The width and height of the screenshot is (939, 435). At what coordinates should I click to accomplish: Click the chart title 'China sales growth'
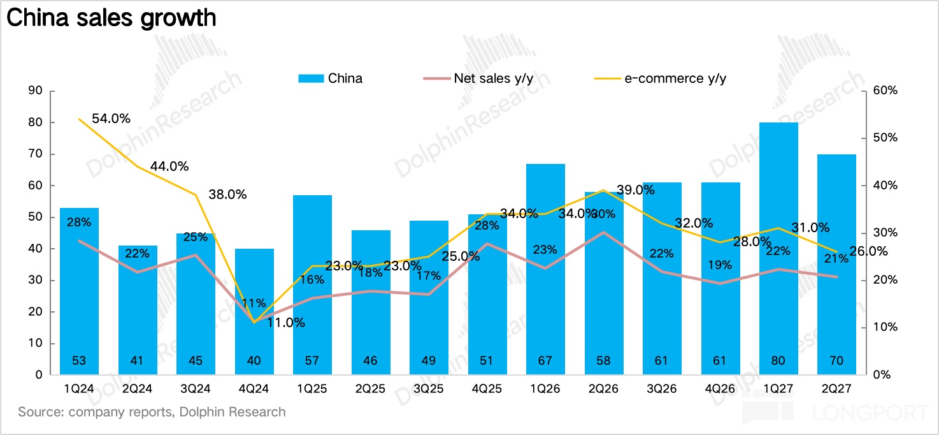111,18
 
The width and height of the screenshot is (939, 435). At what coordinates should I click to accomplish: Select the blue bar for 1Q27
778,248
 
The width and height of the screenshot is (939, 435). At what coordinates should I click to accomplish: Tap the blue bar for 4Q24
254,311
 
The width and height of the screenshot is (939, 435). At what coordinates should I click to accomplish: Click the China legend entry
331,78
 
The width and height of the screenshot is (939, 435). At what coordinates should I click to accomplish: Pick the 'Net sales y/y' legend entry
478,78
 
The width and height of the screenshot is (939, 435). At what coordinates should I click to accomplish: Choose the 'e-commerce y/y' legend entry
661,78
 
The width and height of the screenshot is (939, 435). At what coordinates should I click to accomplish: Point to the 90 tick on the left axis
36,91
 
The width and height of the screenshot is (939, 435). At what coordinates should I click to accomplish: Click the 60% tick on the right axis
885,91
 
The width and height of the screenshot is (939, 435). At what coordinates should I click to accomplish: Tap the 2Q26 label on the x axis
603,389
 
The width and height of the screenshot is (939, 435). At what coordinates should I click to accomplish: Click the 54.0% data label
111,119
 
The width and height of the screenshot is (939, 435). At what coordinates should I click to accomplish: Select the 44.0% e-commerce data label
169,166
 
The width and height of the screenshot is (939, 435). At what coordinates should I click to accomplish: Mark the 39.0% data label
636,190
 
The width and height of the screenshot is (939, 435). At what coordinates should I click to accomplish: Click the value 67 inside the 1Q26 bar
545,360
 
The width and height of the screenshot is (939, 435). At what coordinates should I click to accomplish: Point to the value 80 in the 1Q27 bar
778,360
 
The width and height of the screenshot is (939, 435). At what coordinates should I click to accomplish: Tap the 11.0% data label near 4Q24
286,323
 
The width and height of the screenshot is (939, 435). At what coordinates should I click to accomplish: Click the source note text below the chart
152,412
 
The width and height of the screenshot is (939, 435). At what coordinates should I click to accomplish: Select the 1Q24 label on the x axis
79,389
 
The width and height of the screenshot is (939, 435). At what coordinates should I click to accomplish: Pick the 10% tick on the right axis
885,327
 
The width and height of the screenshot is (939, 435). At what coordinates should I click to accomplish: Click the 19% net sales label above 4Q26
720,265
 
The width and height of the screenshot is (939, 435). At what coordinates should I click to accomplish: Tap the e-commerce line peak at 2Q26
603,190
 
